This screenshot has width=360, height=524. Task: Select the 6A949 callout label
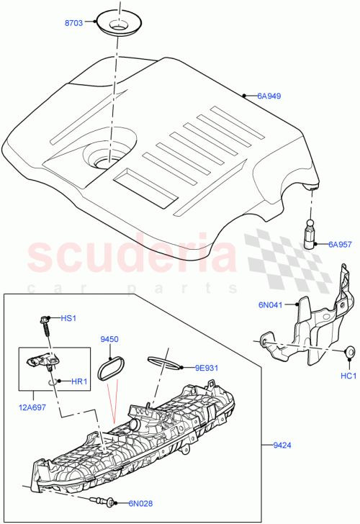point(269,95)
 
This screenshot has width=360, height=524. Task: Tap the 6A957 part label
point(340,244)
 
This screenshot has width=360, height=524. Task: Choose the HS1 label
point(68,317)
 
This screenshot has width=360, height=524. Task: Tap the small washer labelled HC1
point(349,352)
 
